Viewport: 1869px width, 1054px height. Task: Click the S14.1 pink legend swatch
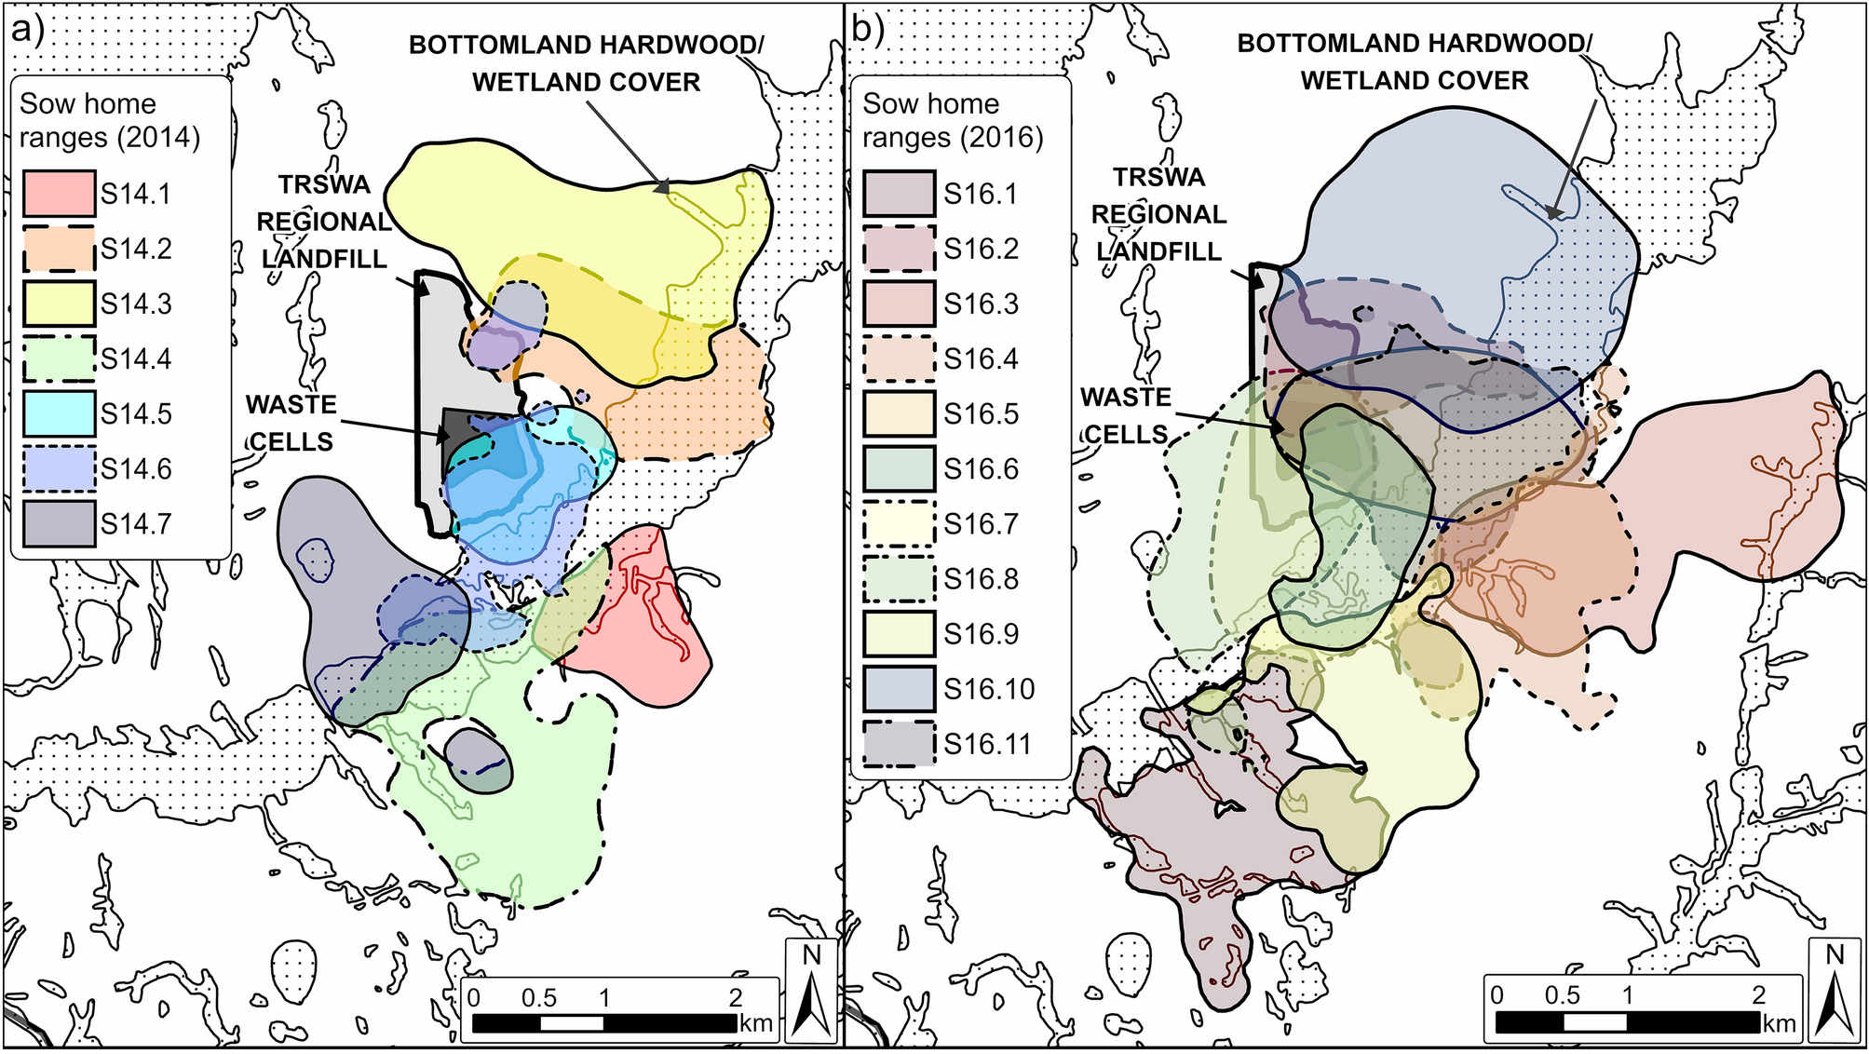point(59,194)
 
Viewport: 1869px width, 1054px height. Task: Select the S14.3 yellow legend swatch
point(59,304)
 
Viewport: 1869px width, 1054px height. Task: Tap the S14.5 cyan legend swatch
point(59,413)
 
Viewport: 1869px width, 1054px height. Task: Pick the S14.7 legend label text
point(136,524)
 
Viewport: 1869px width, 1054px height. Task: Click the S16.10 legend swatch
point(900,689)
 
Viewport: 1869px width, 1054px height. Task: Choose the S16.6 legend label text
point(981,469)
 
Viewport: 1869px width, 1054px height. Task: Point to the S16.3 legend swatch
point(900,304)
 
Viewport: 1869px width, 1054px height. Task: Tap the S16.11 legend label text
point(988,745)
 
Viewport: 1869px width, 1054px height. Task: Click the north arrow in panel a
point(812,992)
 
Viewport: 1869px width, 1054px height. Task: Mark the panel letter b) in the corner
point(868,31)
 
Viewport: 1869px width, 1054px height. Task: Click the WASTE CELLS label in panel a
point(291,423)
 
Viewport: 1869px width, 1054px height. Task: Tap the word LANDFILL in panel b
point(1158,251)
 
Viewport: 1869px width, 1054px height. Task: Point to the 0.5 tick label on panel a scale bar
point(538,999)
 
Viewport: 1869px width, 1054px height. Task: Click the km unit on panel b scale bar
point(1779,1024)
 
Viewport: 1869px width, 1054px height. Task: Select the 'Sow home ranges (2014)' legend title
point(109,120)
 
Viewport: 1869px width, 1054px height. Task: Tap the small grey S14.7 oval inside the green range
point(477,761)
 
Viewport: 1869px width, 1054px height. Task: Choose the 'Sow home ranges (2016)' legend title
point(952,120)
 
